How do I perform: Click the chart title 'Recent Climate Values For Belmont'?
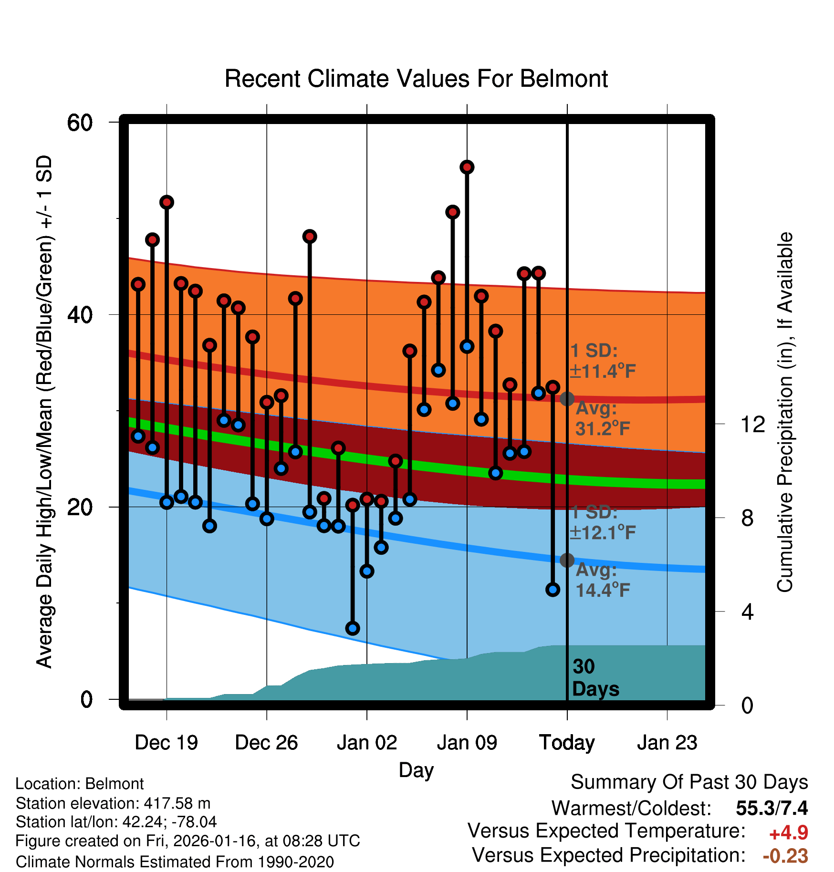tap(416, 79)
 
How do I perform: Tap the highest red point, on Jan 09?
tap(467, 167)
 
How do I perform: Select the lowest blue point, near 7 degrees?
tap(353, 628)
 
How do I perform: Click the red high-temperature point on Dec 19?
tap(167, 202)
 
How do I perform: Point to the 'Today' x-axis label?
tap(567, 743)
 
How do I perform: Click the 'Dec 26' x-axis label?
tap(266, 743)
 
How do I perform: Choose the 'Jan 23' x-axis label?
tap(667, 743)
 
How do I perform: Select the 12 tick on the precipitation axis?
tap(752, 424)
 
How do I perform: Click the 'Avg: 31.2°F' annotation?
tap(602, 419)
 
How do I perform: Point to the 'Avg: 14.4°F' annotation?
tap(602, 580)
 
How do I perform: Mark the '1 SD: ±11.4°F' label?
tap(602, 361)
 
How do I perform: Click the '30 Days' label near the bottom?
tap(594, 678)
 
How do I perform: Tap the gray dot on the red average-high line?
tap(567, 399)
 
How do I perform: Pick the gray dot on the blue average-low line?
tap(567, 560)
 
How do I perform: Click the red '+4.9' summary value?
tap(788, 833)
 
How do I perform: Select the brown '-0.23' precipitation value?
tap(785, 856)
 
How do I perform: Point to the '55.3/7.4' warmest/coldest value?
tap(771, 808)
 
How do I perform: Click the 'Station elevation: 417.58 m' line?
tap(113, 803)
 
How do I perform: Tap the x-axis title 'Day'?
tap(416, 770)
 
